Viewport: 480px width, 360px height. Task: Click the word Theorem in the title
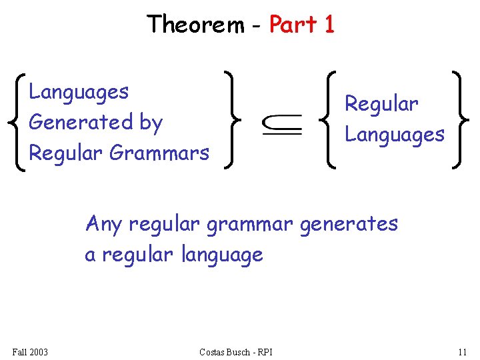(195, 25)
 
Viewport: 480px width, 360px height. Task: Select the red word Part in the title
(293, 25)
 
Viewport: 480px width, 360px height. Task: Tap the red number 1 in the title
(329, 25)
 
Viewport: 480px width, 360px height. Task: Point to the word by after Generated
(151, 123)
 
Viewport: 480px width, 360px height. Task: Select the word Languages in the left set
(79, 92)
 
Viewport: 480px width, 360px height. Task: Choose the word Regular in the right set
(381, 104)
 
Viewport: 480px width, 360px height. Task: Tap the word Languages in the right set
(394, 135)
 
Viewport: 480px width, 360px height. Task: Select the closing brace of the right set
(457, 120)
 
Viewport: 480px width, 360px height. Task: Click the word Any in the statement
(104, 224)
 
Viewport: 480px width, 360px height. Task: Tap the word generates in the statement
(349, 224)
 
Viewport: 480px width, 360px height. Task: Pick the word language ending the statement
(222, 255)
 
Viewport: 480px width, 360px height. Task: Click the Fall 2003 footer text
(30, 351)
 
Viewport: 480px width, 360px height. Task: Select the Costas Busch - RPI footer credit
(236, 351)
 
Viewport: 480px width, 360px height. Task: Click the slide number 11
(462, 351)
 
